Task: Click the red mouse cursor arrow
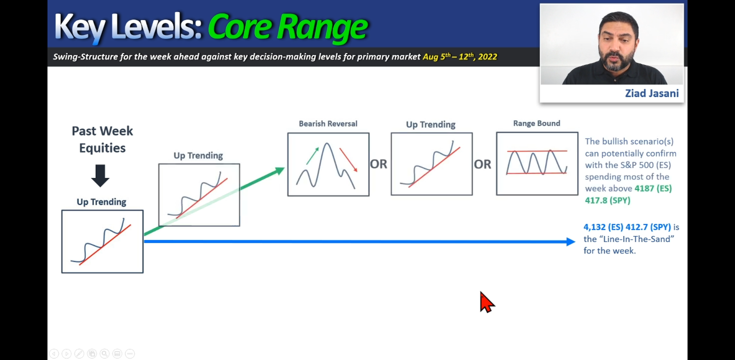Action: pos(486,302)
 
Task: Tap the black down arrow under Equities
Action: pos(100,176)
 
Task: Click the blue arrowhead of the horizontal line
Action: pos(570,242)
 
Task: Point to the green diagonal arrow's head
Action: pos(279,171)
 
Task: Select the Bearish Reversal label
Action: pos(328,124)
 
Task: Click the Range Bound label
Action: pos(537,123)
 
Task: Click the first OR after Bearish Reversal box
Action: pos(379,164)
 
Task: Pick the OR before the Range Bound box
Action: pos(482,164)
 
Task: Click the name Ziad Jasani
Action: pos(652,93)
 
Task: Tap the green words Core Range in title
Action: pos(287,27)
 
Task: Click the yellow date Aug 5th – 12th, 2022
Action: pos(460,57)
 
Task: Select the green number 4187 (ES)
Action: pos(653,188)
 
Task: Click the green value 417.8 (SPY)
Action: pos(608,200)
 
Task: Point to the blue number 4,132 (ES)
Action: pos(603,227)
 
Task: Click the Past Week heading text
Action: pos(102,131)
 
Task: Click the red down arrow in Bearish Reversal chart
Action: pos(348,160)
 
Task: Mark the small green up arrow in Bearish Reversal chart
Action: pos(312,155)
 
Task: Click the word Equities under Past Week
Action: pos(102,148)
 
